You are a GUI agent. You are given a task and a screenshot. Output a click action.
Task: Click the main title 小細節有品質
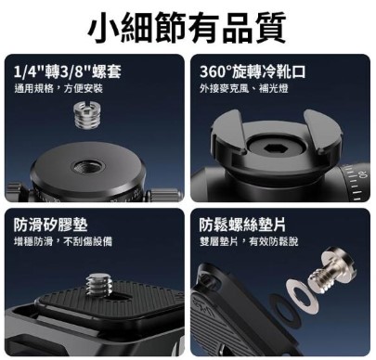pyautogui.click(x=187, y=28)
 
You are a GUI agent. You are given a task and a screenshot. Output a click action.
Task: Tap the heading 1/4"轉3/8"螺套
pyautogui.click(x=68, y=71)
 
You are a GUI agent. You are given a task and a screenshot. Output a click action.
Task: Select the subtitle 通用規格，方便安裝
pyautogui.click(x=58, y=89)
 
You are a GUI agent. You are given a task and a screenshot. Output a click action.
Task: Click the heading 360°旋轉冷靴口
pyautogui.click(x=253, y=71)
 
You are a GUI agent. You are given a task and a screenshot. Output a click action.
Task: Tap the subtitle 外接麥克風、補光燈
pyautogui.click(x=244, y=89)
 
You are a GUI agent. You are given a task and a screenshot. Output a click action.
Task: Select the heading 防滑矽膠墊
pyautogui.click(x=50, y=225)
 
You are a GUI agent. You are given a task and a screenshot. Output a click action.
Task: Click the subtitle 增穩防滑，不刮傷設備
pyautogui.click(x=63, y=241)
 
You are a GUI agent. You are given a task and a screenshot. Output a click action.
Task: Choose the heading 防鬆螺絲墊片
pyautogui.click(x=242, y=225)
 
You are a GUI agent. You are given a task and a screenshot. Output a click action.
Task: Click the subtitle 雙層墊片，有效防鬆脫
pyautogui.click(x=249, y=241)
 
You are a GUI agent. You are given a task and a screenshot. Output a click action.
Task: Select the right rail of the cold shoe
pyautogui.click(x=322, y=133)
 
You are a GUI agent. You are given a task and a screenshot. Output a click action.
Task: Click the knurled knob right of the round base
pyautogui.click(x=164, y=196)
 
